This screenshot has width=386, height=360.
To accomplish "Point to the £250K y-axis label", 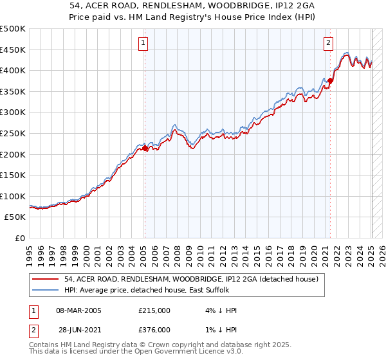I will point(13,133).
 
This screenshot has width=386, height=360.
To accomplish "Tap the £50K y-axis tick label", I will point(15,217).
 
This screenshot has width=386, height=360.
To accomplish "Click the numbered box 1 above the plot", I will point(143,43).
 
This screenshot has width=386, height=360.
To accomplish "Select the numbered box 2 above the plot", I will point(328,43).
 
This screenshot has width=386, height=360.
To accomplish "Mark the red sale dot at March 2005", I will point(145,148).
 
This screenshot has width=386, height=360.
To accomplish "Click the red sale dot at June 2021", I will point(331,80).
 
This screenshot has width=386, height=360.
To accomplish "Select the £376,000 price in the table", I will point(155,330).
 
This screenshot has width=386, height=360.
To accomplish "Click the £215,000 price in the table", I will point(155,310).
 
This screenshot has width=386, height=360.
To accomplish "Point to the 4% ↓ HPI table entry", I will point(219,310).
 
